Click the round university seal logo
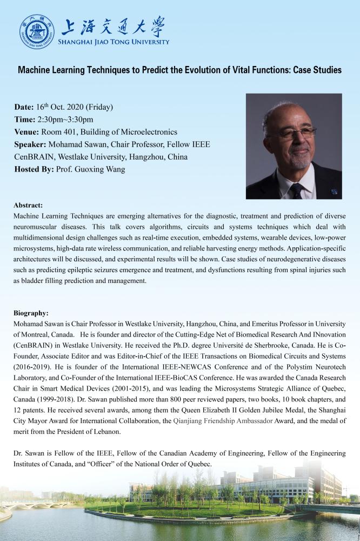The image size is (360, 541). coord(37,31)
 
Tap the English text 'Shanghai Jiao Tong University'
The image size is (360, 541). coord(116,42)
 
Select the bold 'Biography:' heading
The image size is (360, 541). coord(31,313)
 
